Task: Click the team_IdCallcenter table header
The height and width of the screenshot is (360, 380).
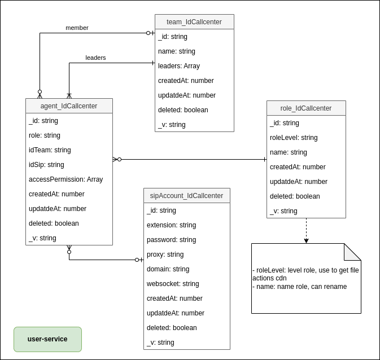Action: pos(194,22)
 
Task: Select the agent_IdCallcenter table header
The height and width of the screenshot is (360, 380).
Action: pos(69,106)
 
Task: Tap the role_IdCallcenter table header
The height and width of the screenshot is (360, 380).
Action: pos(306,108)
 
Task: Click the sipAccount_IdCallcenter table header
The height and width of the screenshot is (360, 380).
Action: pos(186,196)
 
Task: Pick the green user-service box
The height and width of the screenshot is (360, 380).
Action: pos(47,339)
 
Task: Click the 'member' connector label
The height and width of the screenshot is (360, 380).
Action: pos(77,28)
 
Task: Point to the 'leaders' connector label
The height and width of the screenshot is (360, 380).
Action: pos(95,58)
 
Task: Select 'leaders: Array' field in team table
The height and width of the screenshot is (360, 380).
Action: pos(179,66)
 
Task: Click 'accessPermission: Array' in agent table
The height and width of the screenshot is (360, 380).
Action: pos(65,179)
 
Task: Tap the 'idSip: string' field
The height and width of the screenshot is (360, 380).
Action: pos(46,165)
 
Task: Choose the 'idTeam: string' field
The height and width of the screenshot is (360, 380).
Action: pos(50,150)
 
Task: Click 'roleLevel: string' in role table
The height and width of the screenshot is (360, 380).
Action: pos(294,138)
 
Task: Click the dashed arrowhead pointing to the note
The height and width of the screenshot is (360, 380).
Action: pos(306,241)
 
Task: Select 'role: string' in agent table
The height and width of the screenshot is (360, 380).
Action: pos(45,135)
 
